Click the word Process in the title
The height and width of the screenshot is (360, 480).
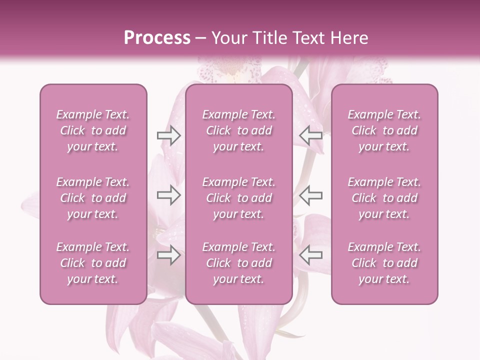pyautogui.click(x=157, y=38)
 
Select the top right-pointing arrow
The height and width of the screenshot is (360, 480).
pyautogui.click(x=168, y=135)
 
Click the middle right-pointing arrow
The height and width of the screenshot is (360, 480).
pyautogui.click(x=168, y=195)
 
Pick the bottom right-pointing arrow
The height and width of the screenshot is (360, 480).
pyautogui.click(x=168, y=255)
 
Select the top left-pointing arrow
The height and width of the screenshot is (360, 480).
pyautogui.click(x=310, y=135)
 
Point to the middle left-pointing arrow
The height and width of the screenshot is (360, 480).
pyautogui.click(x=310, y=195)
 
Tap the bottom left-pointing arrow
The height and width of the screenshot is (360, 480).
pyautogui.click(x=310, y=255)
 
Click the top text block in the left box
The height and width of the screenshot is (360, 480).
pyautogui.click(x=93, y=130)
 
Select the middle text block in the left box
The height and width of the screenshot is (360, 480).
pyautogui.click(x=93, y=198)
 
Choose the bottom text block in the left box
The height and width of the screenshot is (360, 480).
pyautogui.click(x=93, y=263)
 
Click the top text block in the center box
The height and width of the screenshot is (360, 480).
pyautogui.click(x=239, y=130)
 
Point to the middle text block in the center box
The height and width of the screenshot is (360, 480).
pyautogui.click(x=239, y=198)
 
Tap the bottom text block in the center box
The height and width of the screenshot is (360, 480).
pyautogui.click(x=239, y=263)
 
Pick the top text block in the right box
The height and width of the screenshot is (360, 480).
pyautogui.click(x=384, y=130)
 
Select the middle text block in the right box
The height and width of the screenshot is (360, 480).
pyautogui.click(x=384, y=198)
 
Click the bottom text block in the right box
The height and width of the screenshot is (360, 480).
pyautogui.click(x=384, y=263)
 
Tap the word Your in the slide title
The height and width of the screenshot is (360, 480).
pyautogui.click(x=228, y=38)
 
